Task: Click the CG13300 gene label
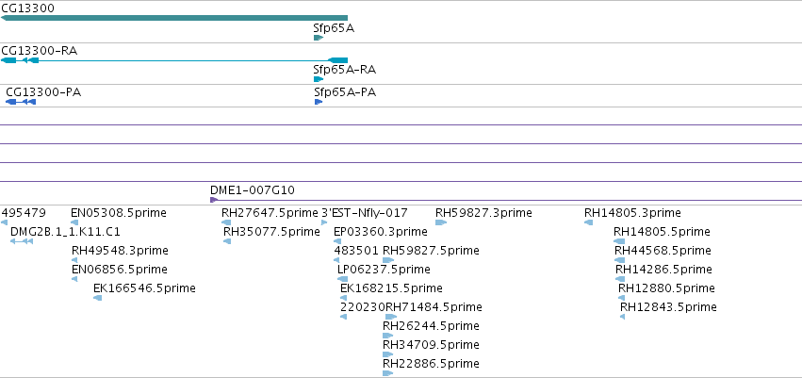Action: (x=27, y=8)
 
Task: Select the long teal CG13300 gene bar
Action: (x=174, y=18)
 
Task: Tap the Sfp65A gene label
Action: (x=334, y=28)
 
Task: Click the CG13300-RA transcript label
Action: (x=40, y=50)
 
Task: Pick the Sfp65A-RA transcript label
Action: (x=345, y=70)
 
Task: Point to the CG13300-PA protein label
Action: (x=43, y=92)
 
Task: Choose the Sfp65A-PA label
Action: (x=345, y=92)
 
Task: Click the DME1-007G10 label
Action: (x=253, y=190)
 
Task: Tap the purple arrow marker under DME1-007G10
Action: (x=214, y=200)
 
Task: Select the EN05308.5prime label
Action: (x=119, y=213)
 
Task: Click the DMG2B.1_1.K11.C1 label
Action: (x=65, y=232)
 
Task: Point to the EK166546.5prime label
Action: (x=144, y=288)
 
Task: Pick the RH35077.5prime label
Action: (x=271, y=232)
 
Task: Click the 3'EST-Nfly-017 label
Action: (x=364, y=213)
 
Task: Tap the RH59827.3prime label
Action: (x=483, y=213)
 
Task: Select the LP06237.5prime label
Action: (x=384, y=269)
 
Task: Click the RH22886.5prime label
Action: (x=431, y=364)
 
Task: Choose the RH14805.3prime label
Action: (x=632, y=213)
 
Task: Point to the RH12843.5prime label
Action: (x=668, y=307)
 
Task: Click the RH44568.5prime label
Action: (x=663, y=251)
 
